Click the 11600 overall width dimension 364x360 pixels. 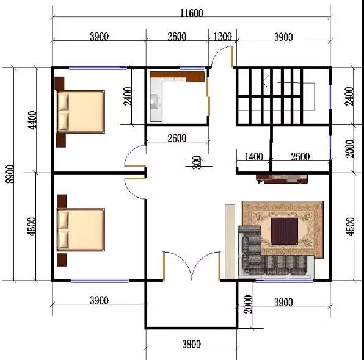[192, 13]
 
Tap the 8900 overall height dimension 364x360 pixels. [10, 174]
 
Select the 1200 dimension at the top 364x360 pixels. [222, 37]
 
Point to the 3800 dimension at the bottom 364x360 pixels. [191, 344]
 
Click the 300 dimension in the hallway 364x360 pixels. [197, 162]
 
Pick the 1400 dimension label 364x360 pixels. [254, 157]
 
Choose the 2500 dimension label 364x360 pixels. [300, 157]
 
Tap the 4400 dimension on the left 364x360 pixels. [32, 120]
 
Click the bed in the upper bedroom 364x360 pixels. [81, 112]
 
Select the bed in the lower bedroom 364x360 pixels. [81, 229]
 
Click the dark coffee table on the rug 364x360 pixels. [285, 231]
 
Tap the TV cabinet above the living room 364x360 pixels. [282, 179]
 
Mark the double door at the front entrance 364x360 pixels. [192, 266]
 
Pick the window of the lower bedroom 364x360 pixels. [100, 281]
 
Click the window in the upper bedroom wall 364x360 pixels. [98, 68]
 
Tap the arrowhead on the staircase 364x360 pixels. [266, 82]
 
